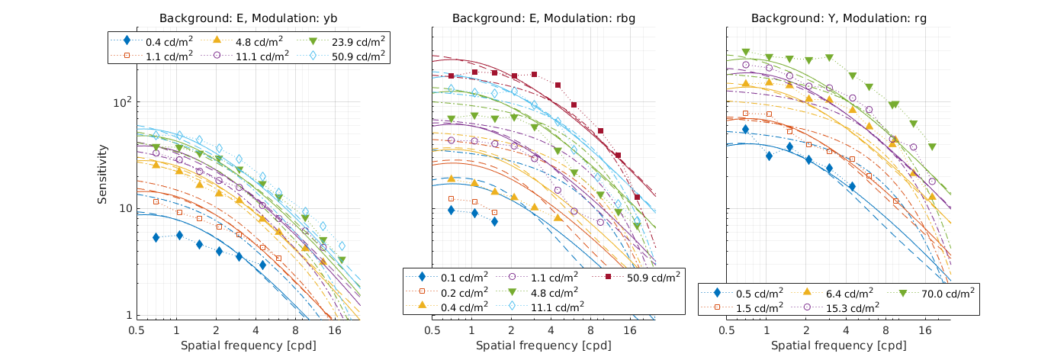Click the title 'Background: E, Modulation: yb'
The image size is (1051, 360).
248,18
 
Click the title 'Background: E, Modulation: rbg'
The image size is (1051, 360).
544,18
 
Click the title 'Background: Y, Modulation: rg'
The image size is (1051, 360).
839,18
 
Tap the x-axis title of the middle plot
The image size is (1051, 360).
544,346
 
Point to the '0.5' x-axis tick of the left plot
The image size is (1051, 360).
137,331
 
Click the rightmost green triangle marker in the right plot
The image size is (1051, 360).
932,146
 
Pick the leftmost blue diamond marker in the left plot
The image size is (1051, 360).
156,237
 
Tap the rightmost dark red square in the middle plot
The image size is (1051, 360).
637,198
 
